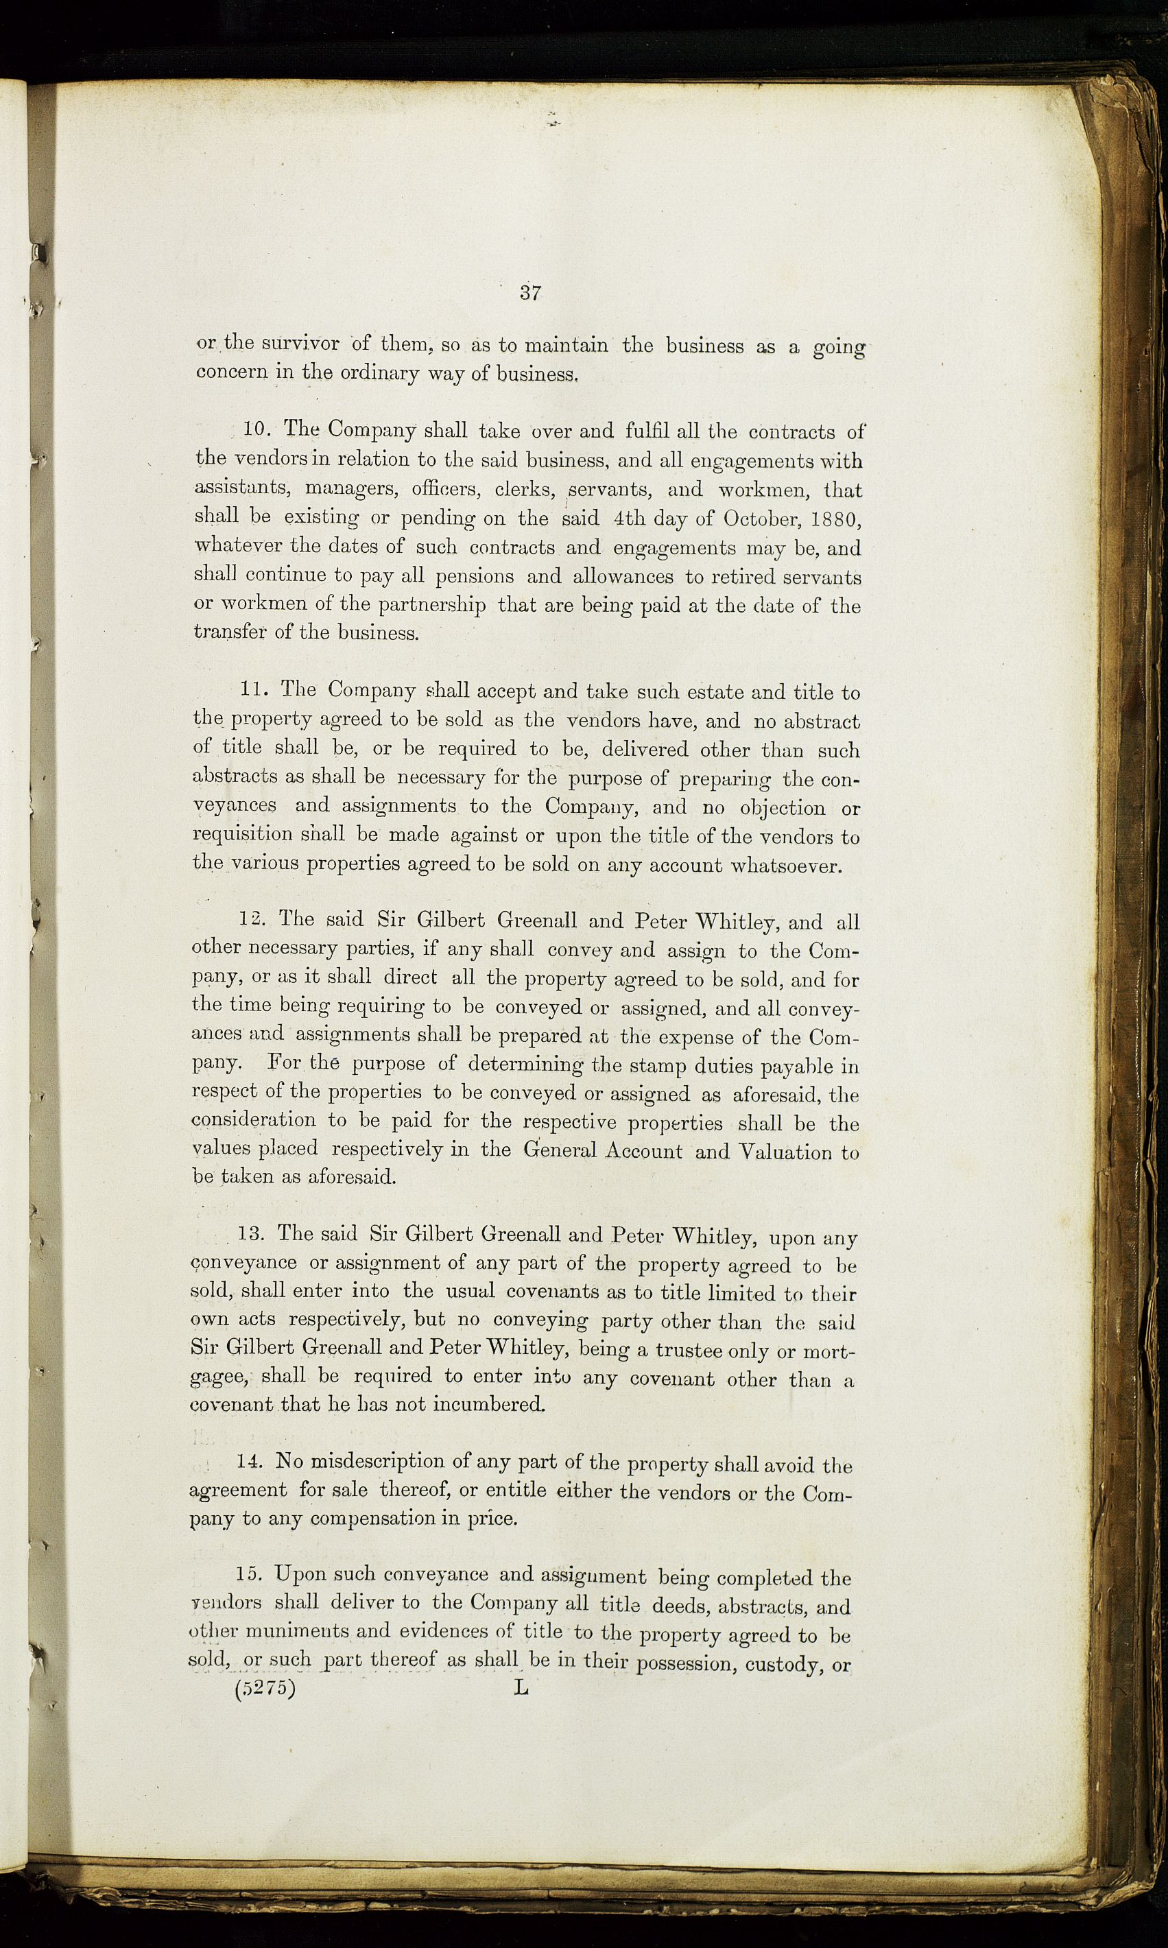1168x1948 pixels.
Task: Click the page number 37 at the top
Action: [529, 294]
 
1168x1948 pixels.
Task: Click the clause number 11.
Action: [255, 690]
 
